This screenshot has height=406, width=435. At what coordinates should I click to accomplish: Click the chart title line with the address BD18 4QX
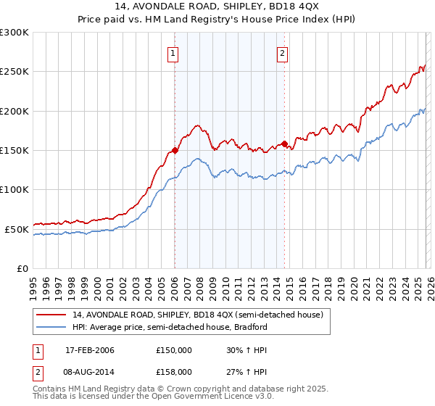[x=217, y=7]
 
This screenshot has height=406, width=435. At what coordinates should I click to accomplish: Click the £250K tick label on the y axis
[x=14, y=72]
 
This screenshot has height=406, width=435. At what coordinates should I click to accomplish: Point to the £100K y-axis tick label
[x=14, y=189]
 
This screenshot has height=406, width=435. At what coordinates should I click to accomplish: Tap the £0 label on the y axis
[x=22, y=268]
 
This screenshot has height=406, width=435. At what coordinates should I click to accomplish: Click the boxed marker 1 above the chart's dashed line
[x=174, y=52]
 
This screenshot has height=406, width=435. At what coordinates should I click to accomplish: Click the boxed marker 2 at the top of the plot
[x=282, y=52]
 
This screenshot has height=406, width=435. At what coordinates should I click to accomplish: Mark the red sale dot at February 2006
[x=175, y=151]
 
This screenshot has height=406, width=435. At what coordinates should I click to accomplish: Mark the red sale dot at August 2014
[x=283, y=144]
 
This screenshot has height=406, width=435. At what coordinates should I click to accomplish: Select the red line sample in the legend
[x=51, y=315]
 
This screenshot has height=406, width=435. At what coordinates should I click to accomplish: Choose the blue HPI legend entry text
[x=170, y=327]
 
